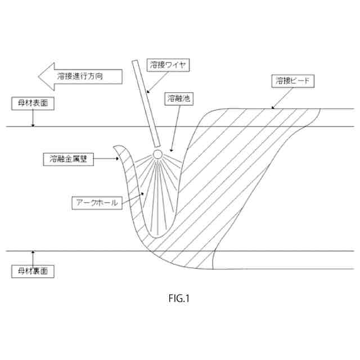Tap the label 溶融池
pos(179,98)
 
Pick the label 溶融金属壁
pos(67,159)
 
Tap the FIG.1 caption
pos(180,299)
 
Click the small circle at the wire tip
pos(158,153)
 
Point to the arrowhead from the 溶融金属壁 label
pos(120,159)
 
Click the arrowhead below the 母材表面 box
pos(33,125)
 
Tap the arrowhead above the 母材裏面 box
pos(33,252)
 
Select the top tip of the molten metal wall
pos(115,147)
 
